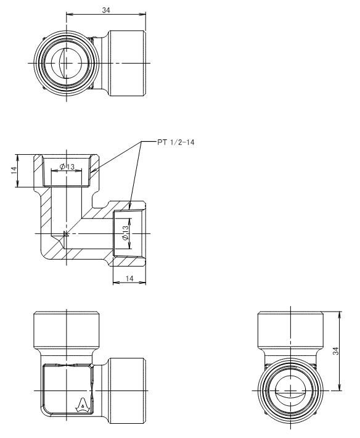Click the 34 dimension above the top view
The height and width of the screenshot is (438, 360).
[x=106, y=10]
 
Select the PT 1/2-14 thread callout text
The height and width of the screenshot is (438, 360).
[x=176, y=142]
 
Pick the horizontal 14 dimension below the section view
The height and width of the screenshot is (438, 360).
[x=129, y=278]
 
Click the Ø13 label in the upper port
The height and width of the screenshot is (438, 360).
[x=67, y=167]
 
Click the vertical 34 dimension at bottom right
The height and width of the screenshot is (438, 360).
[x=336, y=351]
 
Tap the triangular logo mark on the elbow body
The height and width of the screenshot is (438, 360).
[x=83, y=405]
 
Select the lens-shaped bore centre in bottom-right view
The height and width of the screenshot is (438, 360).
[x=290, y=394]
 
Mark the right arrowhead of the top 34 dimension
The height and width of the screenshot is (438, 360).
[x=144, y=14]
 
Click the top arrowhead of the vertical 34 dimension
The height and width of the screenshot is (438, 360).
[x=339, y=314]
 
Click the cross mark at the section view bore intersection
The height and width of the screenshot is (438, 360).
[x=66, y=234]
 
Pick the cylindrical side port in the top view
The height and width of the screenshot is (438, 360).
[x=127, y=63]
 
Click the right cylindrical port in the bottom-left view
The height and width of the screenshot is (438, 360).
[x=127, y=390]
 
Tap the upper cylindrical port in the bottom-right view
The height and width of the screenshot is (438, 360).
[x=290, y=329]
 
